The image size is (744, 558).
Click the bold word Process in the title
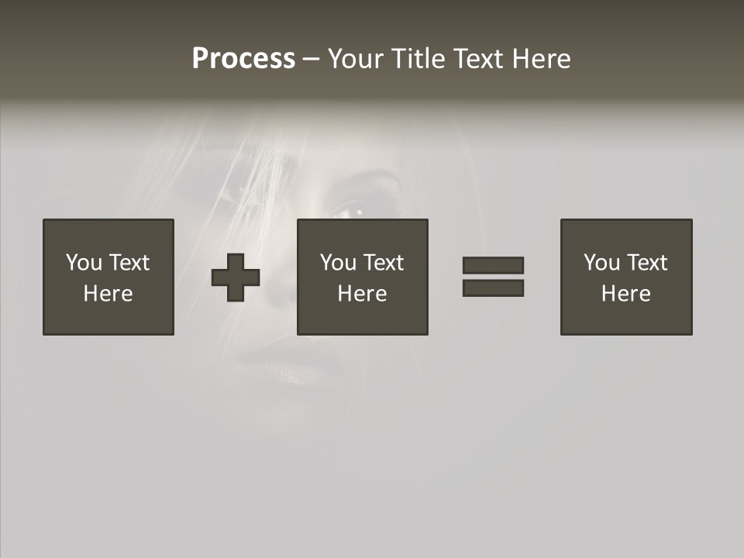[243, 59]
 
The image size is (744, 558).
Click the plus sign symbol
[236, 277]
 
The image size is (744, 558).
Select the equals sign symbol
[493, 277]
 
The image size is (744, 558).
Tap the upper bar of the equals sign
[493, 265]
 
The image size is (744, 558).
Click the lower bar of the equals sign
[493, 288]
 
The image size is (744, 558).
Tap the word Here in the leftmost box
[108, 294]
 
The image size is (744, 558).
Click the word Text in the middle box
[384, 263]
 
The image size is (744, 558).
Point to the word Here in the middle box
[363, 294]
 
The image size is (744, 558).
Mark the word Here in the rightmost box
[626, 294]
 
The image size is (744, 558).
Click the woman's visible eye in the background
[358, 210]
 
